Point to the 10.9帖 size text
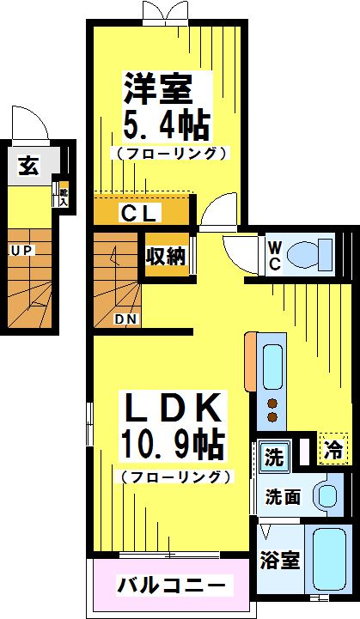(172, 444)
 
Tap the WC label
(274, 254)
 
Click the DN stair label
(126, 319)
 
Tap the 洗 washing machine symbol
(272, 457)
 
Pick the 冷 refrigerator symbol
(333, 447)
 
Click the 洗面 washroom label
(282, 496)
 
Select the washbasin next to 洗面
(327, 495)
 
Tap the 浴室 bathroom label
(280, 561)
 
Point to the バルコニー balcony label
(173, 586)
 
